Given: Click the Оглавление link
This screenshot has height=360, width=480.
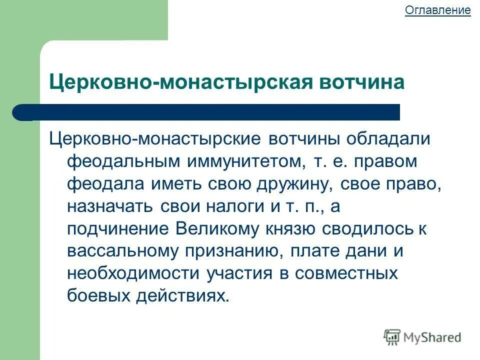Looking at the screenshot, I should coord(437,10).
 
